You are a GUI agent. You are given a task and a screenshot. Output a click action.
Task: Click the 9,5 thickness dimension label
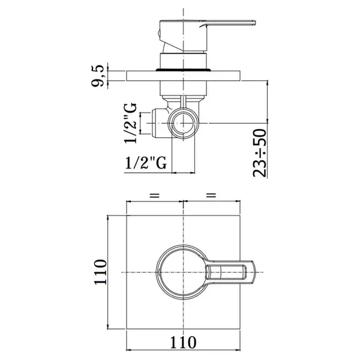98,76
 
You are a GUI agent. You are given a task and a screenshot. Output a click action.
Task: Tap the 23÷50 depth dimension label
260,152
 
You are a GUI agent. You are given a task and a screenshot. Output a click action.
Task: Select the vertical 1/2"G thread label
130,123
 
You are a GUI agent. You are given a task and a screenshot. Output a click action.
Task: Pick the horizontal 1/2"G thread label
146,163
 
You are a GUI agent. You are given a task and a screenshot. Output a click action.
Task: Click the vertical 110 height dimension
100,272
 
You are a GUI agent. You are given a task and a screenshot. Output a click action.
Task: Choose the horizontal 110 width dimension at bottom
183,343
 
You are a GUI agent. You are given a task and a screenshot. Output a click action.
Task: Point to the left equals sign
155,196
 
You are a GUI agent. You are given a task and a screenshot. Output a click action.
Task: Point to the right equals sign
211,196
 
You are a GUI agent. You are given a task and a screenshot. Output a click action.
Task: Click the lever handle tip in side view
254,23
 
